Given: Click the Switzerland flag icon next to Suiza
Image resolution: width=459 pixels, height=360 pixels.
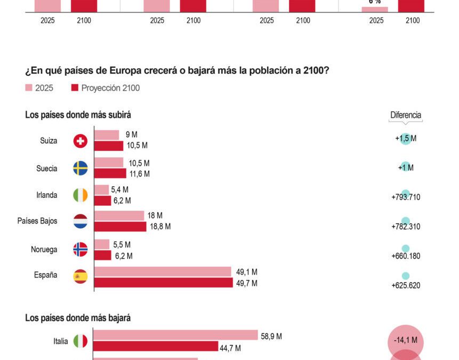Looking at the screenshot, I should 80,141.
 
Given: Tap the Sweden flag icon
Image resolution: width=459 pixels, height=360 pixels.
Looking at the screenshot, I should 80,169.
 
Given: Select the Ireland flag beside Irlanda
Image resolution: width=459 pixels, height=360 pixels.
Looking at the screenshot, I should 80,195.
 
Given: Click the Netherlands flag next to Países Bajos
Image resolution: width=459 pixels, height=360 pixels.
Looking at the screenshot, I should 80,221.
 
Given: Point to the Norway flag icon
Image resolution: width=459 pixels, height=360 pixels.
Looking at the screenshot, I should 80,250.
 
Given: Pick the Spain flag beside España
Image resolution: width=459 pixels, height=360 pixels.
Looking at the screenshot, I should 80,276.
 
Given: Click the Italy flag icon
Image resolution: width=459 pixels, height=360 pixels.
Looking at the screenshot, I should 80,341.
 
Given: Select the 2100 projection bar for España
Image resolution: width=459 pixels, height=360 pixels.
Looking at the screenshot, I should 164,283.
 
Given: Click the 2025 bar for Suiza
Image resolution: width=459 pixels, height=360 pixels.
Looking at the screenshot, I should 107,135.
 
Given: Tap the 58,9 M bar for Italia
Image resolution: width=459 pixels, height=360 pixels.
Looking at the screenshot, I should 176,335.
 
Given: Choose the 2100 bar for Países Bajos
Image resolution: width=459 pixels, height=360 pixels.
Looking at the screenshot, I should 120,227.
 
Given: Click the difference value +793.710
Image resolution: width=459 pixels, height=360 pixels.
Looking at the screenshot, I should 406,197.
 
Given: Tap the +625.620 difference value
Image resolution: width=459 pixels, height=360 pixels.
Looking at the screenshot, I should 406,285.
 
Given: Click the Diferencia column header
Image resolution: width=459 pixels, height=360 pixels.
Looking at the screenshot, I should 406,115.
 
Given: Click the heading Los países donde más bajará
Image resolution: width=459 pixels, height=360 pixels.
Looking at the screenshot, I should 78,318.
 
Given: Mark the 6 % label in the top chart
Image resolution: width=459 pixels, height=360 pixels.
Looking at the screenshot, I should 374,2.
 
